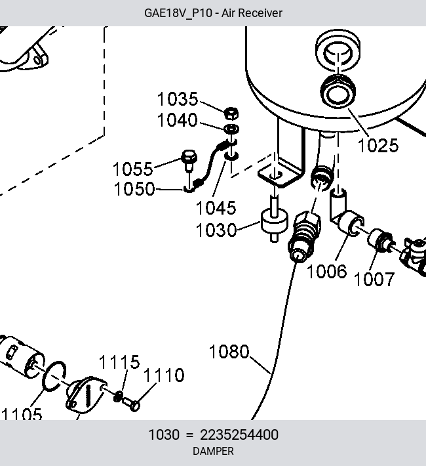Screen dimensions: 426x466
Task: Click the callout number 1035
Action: point(177,99)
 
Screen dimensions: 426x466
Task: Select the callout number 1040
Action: point(177,120)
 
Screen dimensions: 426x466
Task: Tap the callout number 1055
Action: point(132,169)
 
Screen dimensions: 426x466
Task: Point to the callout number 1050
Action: point(134,189)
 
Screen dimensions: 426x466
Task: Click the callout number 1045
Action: point(216,208)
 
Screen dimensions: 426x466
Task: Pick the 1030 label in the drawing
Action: point(216,230)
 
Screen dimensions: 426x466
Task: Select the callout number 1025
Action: point(378,146)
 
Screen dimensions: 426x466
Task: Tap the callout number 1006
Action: point(326,272)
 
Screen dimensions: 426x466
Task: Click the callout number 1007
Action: point(374,280)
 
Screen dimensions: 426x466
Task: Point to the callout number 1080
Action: point(229,352)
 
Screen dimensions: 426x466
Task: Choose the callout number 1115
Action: point(119,362)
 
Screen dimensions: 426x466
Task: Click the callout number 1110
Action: point(164,375)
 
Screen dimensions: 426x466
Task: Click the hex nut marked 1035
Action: point(231,114)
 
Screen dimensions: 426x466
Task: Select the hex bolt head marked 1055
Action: point(189,157)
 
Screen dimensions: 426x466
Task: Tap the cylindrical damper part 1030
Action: point(275,222)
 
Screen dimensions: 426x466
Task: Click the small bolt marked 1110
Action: point(131,404)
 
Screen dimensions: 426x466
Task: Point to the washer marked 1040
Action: point(231,129)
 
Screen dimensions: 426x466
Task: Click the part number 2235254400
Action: point(239,435)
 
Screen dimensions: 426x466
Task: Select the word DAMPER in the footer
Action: point(213,452)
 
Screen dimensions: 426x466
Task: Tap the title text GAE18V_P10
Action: point(178,13)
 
